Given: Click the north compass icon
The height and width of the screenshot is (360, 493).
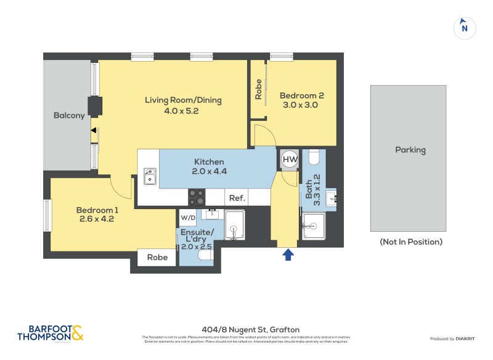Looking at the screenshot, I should pos(464,28).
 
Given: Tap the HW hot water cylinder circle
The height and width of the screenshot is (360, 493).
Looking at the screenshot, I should pos(290,159).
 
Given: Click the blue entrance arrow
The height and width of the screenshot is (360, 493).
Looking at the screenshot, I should pos(288,255).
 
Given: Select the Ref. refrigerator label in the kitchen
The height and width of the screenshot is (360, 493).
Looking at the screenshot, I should pos(237,198).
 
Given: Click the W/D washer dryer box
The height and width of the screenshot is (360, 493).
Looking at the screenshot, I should pos(187,218).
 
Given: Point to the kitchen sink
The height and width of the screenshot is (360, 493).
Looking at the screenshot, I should pos(149,176).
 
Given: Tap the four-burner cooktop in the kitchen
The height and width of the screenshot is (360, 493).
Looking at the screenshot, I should pos(197,197).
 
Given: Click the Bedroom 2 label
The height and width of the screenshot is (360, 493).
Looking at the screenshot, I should pos(302,96).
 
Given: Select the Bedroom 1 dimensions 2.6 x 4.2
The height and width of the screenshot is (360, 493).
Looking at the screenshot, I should pos(97,219).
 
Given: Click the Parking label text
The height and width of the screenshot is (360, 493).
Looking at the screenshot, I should pos(410,150).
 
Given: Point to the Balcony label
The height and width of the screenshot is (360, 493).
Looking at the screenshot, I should pos(68,115).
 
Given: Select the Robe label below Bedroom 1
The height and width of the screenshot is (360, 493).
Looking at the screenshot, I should pos(157,258).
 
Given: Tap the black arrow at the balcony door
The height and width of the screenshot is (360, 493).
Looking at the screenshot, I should pos(94,130).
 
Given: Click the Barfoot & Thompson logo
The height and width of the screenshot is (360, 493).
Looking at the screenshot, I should pos(50,333).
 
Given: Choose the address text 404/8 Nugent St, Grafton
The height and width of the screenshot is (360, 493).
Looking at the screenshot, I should pos(246,329).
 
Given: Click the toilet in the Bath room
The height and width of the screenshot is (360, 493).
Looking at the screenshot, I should pos(314,158).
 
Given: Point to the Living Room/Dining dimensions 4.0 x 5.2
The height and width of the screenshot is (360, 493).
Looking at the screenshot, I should pos(183,111).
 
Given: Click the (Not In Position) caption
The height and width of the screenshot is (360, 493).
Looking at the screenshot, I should pos(410,242).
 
